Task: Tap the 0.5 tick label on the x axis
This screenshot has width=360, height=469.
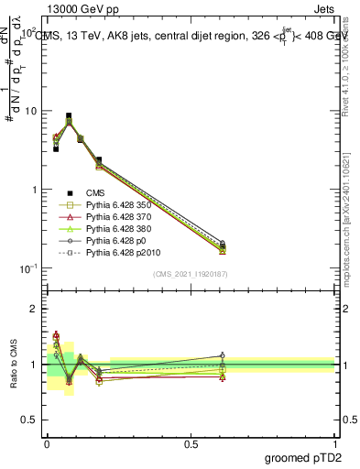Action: [x=191, y=442]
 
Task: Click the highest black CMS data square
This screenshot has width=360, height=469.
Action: [x=69, y=116]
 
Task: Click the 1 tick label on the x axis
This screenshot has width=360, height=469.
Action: [x=335, y=442]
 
